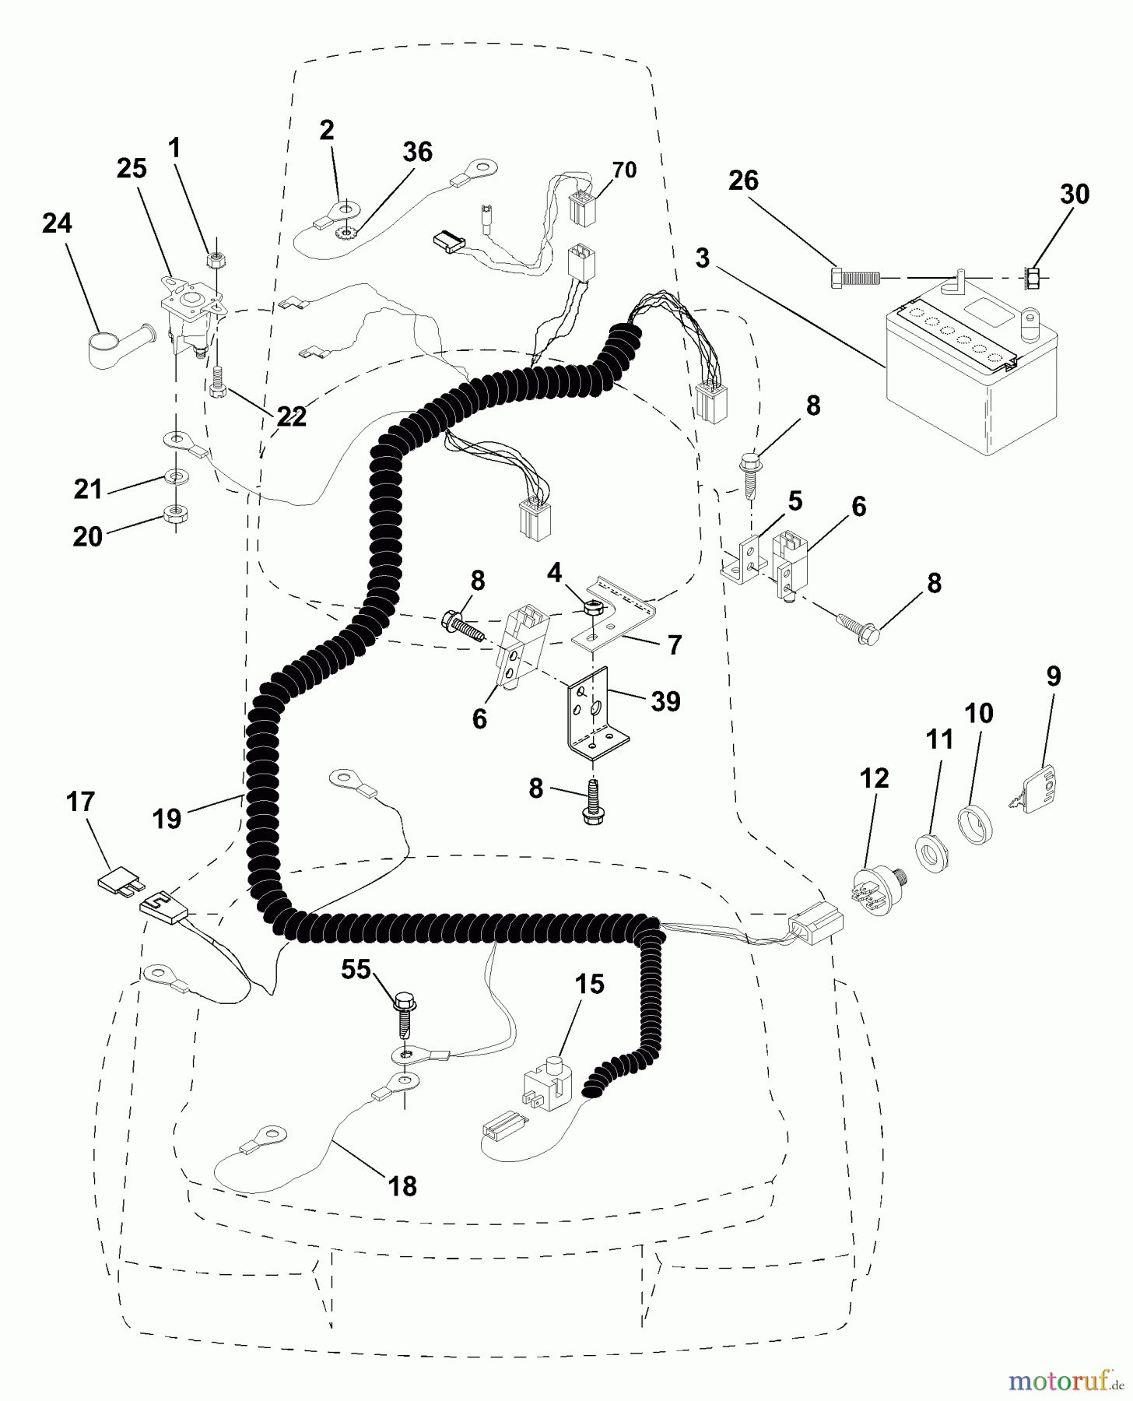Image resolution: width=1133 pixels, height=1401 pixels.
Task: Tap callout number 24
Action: click(58, 224)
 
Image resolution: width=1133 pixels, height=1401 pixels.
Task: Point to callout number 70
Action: click(625, 170)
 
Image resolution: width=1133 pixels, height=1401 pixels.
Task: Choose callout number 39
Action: click(665, 701)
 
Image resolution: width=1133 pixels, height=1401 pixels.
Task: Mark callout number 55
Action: click(356, 969)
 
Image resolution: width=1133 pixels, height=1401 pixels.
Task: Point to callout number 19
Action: click(167, 819)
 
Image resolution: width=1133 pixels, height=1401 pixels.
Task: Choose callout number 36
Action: click(417, 152)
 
